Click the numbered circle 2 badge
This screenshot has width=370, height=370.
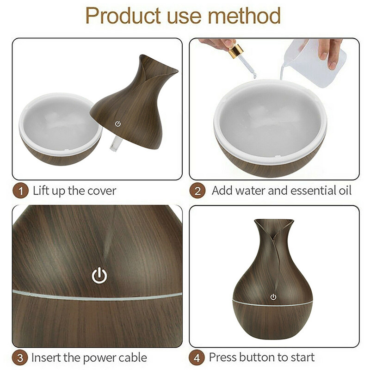[197, 191]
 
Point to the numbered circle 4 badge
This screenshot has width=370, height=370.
[197, 358]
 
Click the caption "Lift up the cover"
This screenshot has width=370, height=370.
[74, 191]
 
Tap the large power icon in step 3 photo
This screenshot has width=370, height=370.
[99, 276]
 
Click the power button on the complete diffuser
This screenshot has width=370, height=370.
[273, 297]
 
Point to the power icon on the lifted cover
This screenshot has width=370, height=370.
[118, 123]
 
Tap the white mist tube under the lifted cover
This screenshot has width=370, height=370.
[113, 148]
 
